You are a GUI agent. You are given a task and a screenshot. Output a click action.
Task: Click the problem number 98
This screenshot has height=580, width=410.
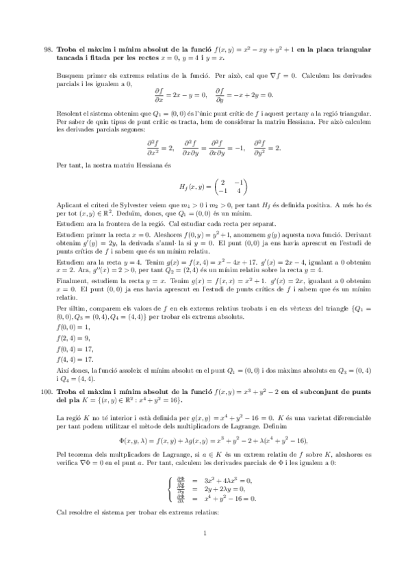[x=47, y=49]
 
